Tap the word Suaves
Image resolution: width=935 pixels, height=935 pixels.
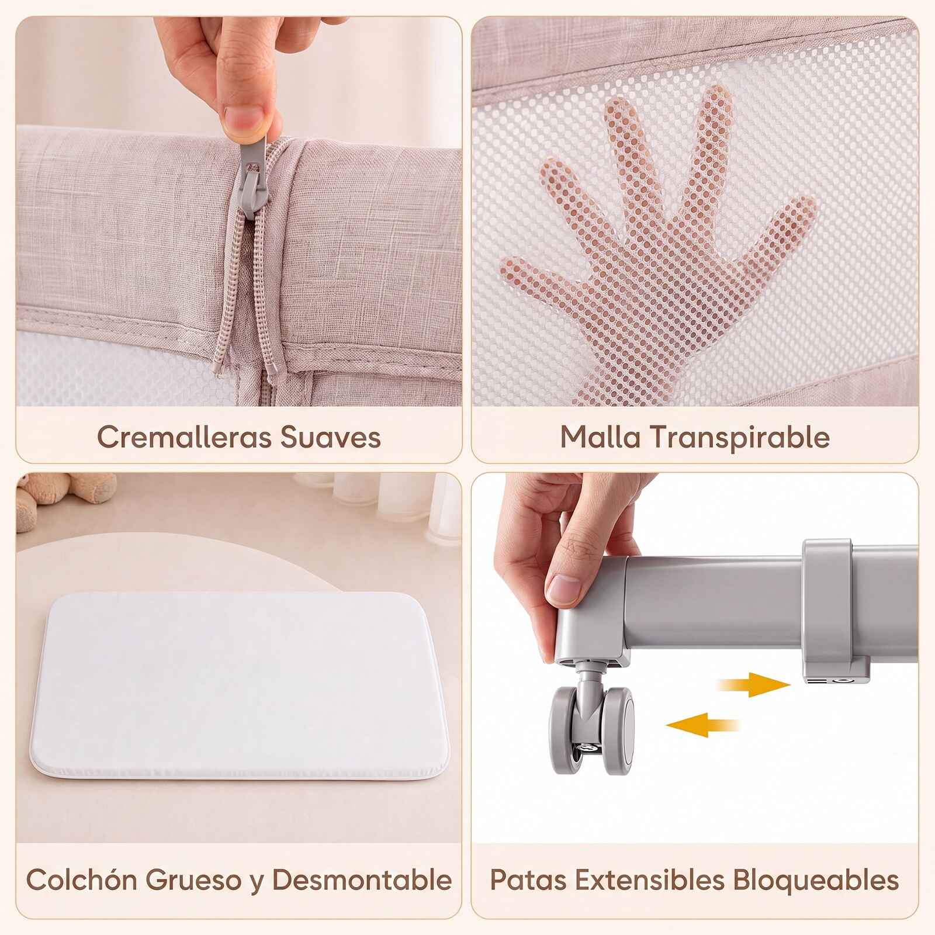(x=331, y=437)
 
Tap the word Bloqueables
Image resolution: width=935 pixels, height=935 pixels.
(x=816, y=879)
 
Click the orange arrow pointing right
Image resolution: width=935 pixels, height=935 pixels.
(x=754, y=684)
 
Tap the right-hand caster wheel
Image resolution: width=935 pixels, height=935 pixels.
(x=618, y=730)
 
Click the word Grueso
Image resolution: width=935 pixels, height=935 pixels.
(x=193, y=879)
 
